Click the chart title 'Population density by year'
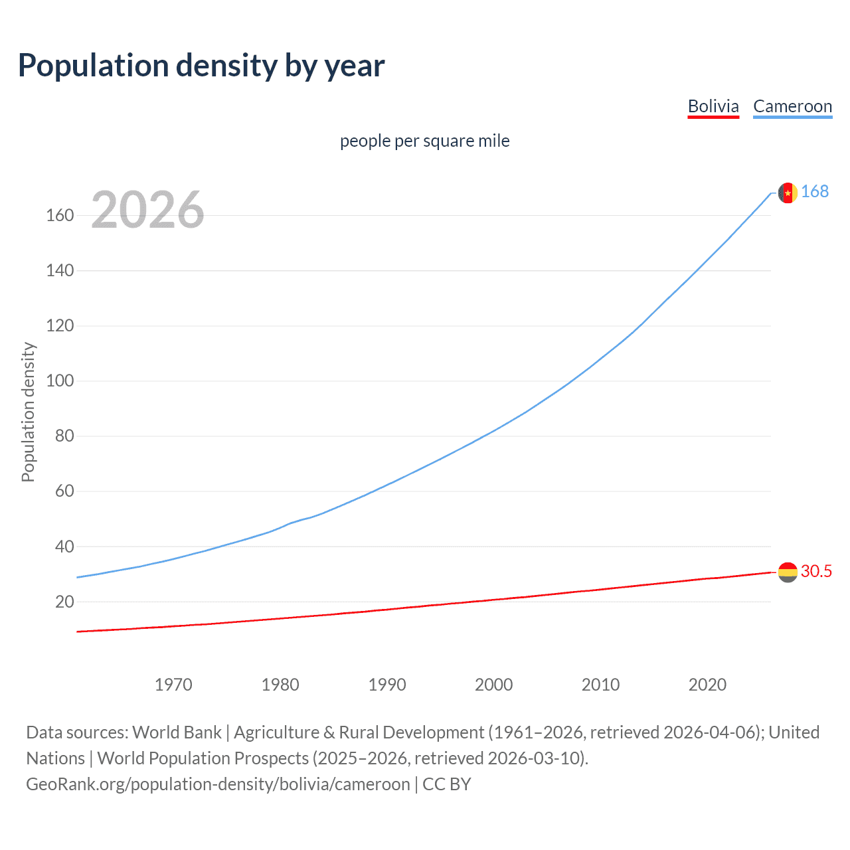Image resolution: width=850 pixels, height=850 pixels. pos(201,66)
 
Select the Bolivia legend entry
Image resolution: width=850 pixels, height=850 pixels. pos(713,106)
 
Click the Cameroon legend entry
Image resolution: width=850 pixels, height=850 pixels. pos(792,106)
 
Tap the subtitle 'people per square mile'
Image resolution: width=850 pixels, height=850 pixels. pos(424,141)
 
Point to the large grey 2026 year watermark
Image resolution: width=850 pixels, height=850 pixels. pos(147,210)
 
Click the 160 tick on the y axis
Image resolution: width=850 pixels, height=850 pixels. pos(60,216)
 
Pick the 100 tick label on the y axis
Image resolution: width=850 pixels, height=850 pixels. pos(60,381)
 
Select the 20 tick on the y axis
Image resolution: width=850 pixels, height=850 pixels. pos(64,602)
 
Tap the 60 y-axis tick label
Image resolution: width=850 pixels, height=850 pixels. pos(64,491)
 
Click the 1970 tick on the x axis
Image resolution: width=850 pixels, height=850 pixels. pos(173,685)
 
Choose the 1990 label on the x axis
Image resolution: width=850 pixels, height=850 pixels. pos(387,685)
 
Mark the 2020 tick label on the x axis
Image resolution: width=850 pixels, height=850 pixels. pos(707,685)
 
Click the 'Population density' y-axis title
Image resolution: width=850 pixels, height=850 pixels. pos(28,412)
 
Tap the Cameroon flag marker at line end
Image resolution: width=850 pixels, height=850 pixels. pos(788,193)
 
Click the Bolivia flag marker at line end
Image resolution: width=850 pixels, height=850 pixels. pos(788,572)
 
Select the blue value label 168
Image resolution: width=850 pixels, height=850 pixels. pos(815,192)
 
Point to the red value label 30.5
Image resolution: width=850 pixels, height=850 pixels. pos(816,572)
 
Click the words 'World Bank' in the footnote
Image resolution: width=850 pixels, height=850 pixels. pos(177,732)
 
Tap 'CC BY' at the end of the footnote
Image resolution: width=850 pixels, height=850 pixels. pos(446,784)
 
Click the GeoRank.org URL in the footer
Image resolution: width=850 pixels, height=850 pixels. pos(218,784)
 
